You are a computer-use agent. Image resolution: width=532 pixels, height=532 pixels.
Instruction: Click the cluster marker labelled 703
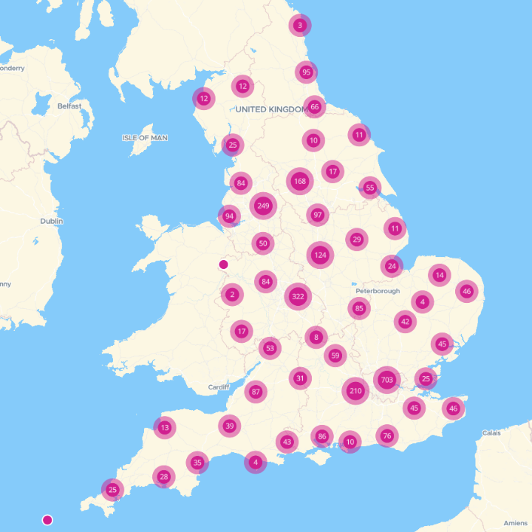(x=386, y=381)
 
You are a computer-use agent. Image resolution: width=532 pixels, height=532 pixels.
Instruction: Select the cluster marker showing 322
(x=298, y=297)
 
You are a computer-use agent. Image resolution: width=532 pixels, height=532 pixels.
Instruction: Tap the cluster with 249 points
(x=264, y=205)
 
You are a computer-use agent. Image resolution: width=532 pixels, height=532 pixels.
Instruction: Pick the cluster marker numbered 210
(x=355, y=390)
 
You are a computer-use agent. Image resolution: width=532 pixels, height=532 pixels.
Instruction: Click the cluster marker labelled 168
(x=299, y=181)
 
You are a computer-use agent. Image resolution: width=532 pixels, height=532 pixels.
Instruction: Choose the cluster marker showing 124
(x=320, y=256)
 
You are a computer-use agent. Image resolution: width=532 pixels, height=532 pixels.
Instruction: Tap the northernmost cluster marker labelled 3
(x=299, y=25)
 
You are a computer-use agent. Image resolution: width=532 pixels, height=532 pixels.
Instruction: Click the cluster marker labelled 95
(x=306, y=72)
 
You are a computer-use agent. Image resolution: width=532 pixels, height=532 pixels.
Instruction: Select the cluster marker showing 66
(x=314, y=107)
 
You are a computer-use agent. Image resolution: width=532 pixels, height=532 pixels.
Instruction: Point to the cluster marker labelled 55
(x=370, y=188)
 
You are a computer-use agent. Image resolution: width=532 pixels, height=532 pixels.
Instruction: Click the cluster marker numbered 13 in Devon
(x=165, y=427)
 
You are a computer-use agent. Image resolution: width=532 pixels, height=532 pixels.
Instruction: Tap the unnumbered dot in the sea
(x=48, y=520)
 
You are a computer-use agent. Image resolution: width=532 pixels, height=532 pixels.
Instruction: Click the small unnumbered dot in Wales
(x=224, y=265)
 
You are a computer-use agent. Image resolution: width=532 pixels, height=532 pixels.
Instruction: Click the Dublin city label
(x=52, y=221)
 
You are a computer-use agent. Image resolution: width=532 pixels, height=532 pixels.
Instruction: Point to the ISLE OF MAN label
(x=145, y=138)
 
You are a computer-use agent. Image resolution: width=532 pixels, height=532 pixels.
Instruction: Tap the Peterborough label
(x=377, y=282)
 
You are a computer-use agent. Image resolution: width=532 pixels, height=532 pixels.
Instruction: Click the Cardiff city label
(x=219, y=387)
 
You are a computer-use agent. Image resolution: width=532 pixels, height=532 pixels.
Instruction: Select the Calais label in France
(x=491, y=433)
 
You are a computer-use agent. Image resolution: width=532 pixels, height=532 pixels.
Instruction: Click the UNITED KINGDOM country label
(x=270, y=109)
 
